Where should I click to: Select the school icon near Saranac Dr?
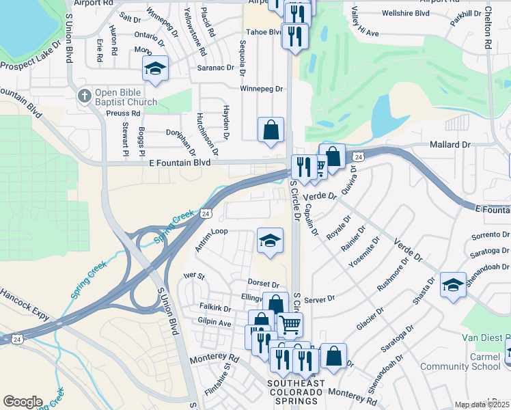tap(155, 68)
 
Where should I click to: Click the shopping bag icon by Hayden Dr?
tap(271, 129)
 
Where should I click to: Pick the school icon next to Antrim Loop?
tap(270, 241)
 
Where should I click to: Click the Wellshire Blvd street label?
tap(406, 13)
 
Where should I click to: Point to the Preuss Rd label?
tap(124, 113)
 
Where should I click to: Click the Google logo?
tap(23, 401)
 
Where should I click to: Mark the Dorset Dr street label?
tap(264, 284)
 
